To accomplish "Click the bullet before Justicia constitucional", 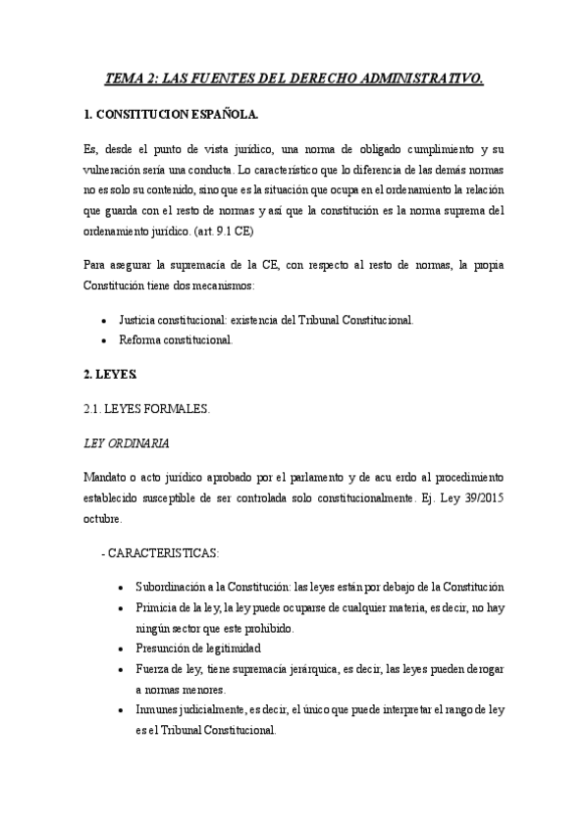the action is click(104, 320).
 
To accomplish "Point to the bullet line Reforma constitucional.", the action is click(175, 339).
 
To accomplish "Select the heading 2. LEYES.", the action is click(111, 377).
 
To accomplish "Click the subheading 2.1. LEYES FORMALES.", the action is click(146, 410).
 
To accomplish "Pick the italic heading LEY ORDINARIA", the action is click(127, 443).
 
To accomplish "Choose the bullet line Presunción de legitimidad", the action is click(191, 649).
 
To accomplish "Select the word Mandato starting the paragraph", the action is click(108, 477).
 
